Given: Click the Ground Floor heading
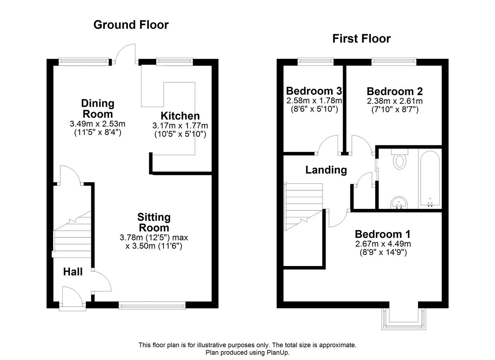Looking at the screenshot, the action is (131, 25).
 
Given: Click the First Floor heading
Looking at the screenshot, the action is (362, 39).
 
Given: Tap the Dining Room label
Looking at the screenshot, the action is (98, 109).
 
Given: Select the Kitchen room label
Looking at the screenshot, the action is (180, 116).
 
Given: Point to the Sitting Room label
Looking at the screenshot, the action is (154, 222).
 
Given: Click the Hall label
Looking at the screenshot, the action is (73, 272).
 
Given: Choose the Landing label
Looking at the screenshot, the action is (326, 170).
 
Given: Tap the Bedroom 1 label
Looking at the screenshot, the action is (383, 234).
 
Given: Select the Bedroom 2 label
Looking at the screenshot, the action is (395, 91).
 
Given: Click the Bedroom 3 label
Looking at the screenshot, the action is (314, 91).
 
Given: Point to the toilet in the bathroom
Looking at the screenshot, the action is (399, 159).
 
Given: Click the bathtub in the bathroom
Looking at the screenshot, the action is (430, 179).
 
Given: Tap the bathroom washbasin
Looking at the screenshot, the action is (399, 203).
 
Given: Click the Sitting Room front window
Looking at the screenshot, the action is (152, 305).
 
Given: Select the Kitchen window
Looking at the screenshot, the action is (174, 61).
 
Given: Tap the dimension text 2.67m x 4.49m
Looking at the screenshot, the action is (383, 244).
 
